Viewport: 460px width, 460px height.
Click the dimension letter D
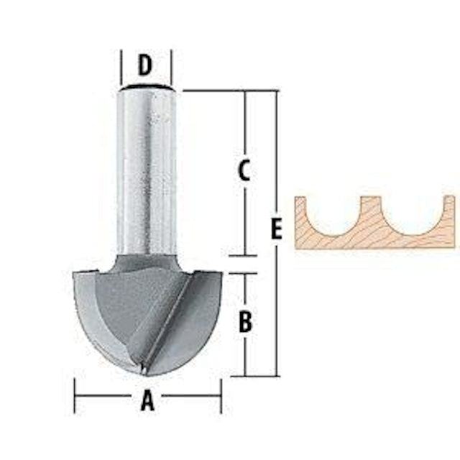pyautogui.click(x=145, y=65)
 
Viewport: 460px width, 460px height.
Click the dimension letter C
pyautogui.click(x=244, y=170)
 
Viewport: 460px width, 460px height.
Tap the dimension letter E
pyautogui.click(x=276, y=229)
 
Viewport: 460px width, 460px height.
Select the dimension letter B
pyautogui.click(x=246, y=322)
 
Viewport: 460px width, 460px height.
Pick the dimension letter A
pyautogui.click(x=147, y=400)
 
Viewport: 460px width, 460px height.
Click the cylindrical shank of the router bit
pyautogui.click(x=146, y=172)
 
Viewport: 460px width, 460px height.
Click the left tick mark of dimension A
pyautogui.click(x=75, y=396)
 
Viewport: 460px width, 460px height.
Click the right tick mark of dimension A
pyautogui.click(x=221, y=396)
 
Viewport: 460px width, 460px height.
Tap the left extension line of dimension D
pyautogui.click(x=121, y=68)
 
